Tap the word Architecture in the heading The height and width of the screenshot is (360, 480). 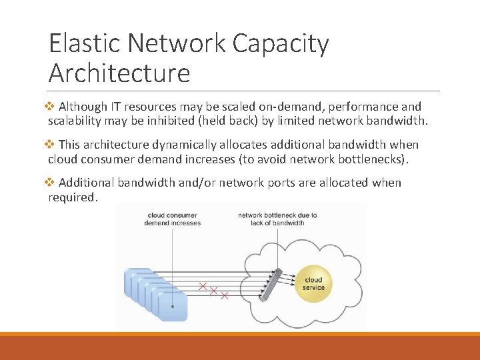click(119, 73)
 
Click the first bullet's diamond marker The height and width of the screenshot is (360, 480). click(53, 107)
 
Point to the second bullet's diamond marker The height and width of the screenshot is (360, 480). click(53, 145)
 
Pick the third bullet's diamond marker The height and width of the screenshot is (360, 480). click(53, 183)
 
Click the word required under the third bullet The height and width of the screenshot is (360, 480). click(73, 197)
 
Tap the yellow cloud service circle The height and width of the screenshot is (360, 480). click(313, 284)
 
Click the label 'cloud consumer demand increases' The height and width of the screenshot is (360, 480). click(172, 219)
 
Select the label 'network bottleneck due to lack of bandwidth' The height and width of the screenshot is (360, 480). click(277, 219)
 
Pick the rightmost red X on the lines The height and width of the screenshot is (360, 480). click(224, 295)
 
